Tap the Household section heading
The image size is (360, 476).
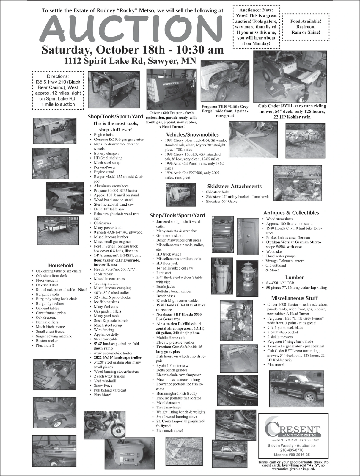point(61,265)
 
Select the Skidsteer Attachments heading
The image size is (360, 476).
point(234,186)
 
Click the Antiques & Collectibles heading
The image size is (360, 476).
point(291,213)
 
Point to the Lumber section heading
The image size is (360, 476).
point(294,277)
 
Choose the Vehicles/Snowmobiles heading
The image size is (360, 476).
point(192,134)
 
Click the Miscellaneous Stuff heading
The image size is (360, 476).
point(294,298)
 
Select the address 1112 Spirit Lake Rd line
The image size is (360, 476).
point(130,61)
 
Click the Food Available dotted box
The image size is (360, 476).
point(306,27)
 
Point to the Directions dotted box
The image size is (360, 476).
point(56,90)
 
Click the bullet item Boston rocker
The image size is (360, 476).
point(47,341)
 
